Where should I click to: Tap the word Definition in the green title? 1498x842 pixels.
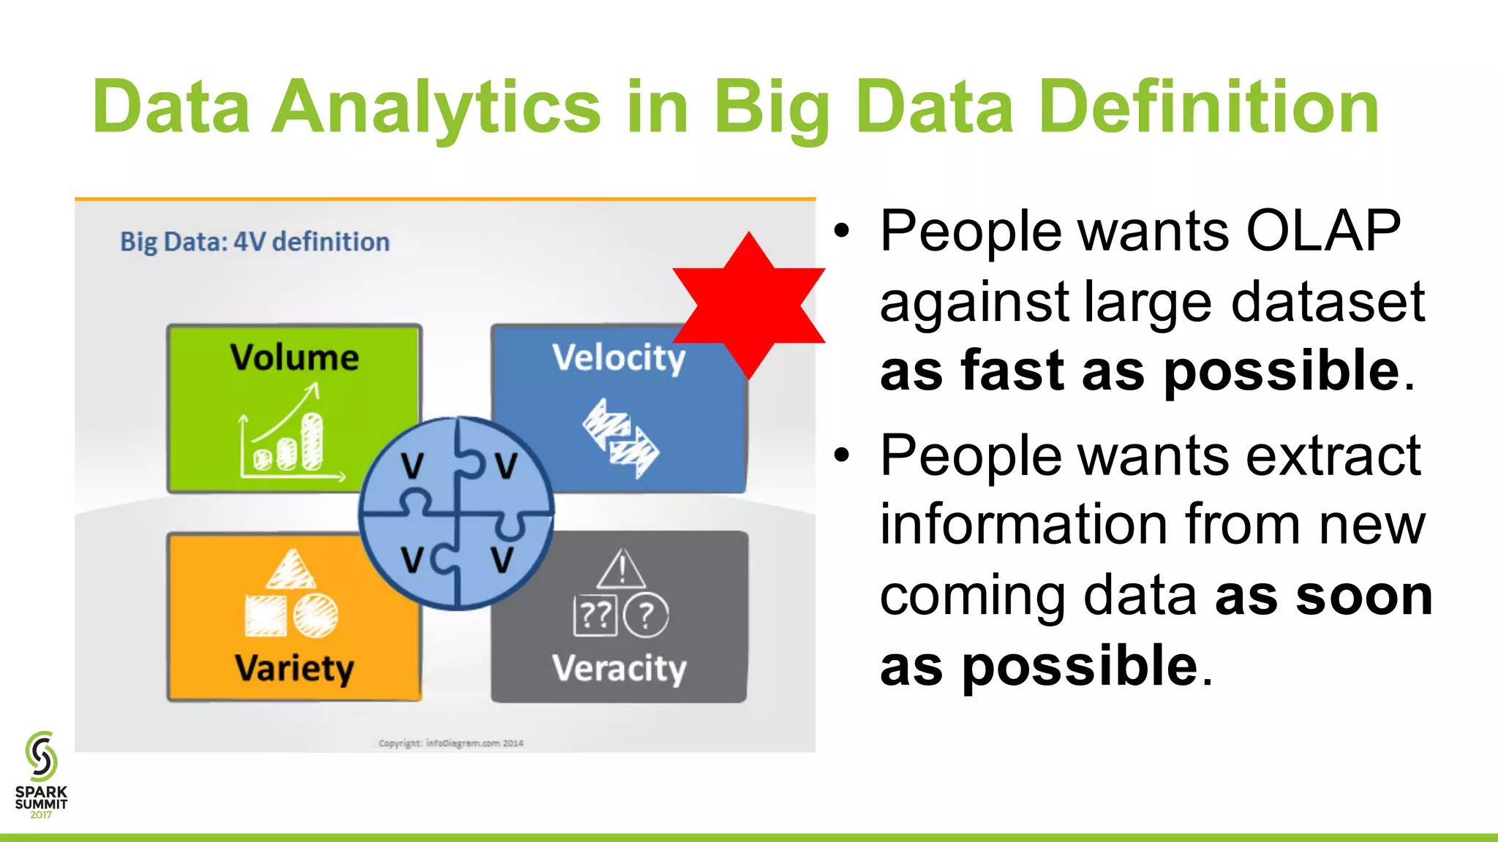(1208, 108)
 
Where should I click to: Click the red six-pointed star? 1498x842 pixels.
(749, 306)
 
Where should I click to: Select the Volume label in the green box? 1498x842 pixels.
(294, 357)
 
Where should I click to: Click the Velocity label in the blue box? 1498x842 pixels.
(619, 358)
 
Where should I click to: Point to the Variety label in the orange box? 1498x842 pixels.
(294, 668)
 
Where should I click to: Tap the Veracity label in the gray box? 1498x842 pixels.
(619, 668)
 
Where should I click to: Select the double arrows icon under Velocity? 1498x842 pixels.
(621, 439)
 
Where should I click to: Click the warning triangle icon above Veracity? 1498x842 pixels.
(621, 570)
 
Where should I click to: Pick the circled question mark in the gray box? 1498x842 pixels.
(646, 615)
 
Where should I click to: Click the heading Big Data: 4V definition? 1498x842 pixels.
(255, 242)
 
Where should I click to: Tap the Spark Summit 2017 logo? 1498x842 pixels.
(41, 775)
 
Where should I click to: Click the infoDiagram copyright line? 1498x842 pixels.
(451, 743)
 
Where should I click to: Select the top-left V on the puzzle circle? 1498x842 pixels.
(413, 466)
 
